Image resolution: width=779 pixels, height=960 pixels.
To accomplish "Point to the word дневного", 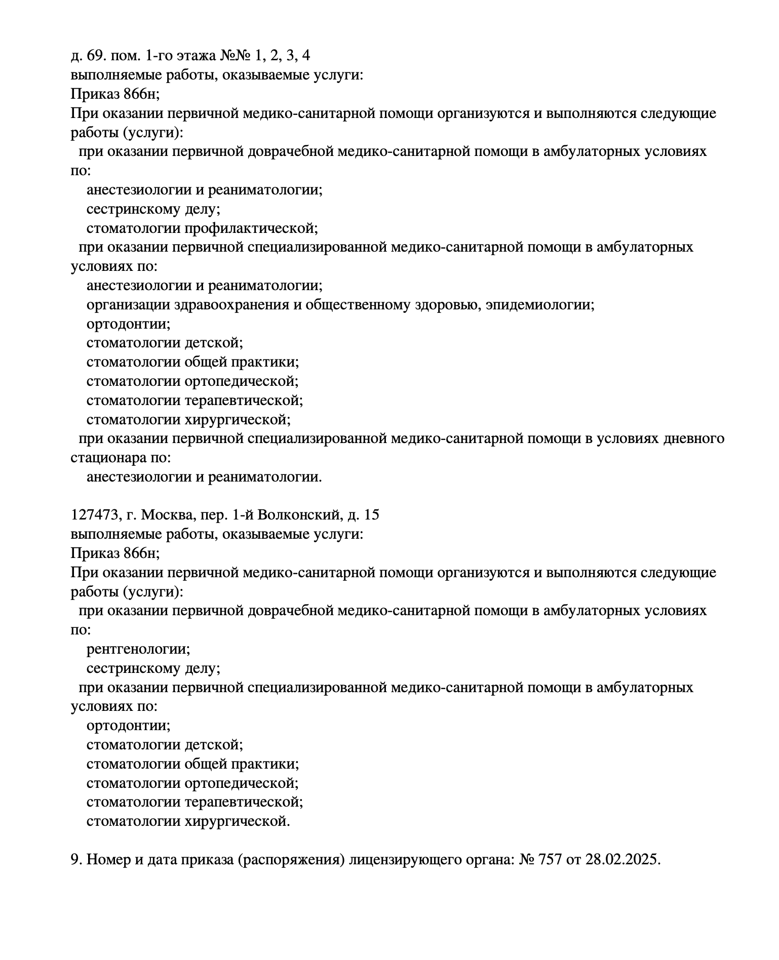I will (x=693, y=438).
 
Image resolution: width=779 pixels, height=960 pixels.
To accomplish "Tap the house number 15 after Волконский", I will (x=371, y=515).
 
